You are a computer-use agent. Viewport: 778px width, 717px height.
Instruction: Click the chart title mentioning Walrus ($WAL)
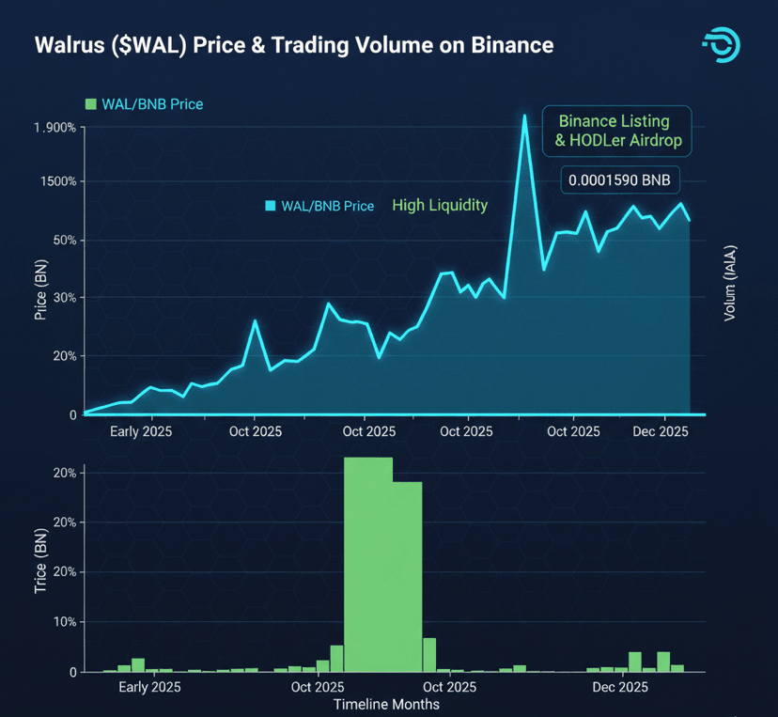pos(294,45)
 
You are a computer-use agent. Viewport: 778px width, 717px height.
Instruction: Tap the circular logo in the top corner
pos(721,46)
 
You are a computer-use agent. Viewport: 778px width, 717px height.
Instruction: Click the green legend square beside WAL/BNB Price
pos(91,103)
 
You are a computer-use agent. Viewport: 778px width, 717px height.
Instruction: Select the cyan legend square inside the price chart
pos(272,206)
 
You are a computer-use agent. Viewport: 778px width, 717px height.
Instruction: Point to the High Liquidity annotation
pos(440,205)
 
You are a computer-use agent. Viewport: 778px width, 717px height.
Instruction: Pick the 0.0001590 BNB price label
pos(619,180)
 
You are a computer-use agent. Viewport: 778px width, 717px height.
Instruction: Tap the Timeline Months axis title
pos(386,704)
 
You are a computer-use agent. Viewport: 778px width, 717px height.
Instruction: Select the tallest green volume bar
pos(367,564)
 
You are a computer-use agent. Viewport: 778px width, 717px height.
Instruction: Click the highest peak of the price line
pos(524,116)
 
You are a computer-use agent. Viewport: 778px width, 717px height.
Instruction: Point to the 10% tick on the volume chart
pos(61,622)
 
